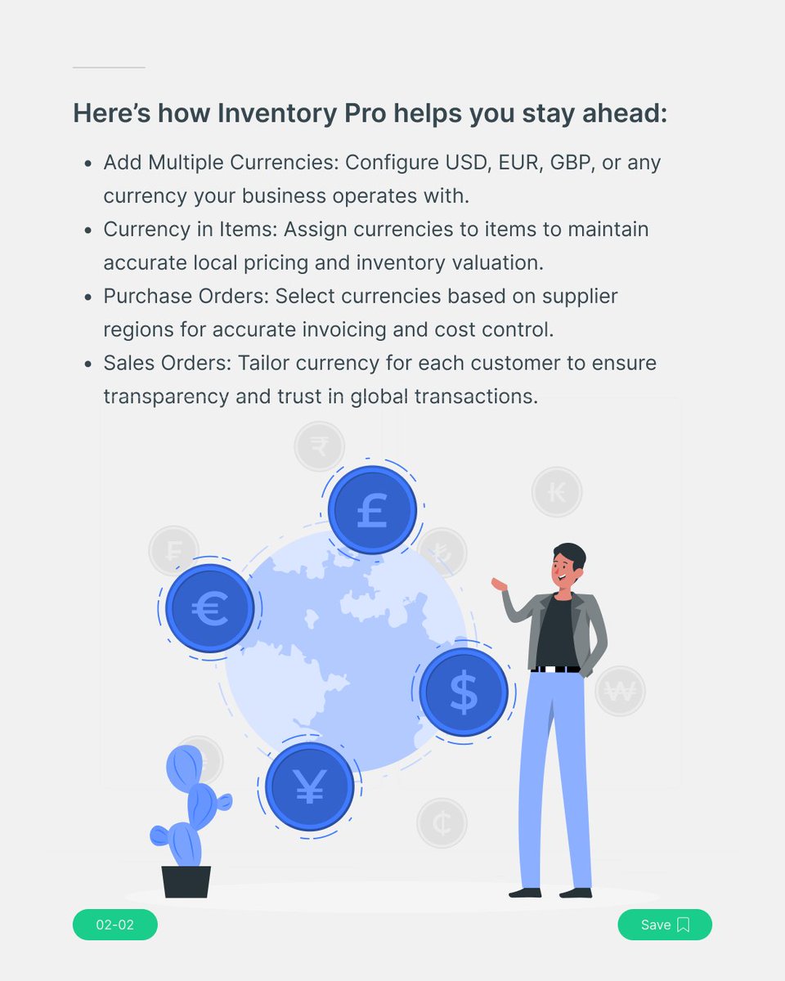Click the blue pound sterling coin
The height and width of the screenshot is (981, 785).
click(x=372, y=509)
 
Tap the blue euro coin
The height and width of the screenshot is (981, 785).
click(x=209, y=608)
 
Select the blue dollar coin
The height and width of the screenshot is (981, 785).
click(x=464, y=692)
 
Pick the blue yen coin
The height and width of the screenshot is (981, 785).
click(x=309, y=786)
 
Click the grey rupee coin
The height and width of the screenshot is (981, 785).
click(x=320, y=446)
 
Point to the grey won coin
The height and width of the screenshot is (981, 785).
click(x=620, y=692)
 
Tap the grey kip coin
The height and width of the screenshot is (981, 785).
click(x=557, y=492)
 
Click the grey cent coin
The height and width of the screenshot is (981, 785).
click(x=442, y=822)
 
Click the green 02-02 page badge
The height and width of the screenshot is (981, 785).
click(x=114, y=925)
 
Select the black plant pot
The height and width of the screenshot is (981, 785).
click(x=186, y=882)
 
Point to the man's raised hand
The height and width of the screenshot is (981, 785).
click(x=499, y=584)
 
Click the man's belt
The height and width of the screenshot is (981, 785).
click(x=556, y=669)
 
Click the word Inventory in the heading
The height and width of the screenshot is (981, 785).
click(x=273, y=114)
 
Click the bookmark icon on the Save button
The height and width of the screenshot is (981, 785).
click(x=684, y=925)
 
